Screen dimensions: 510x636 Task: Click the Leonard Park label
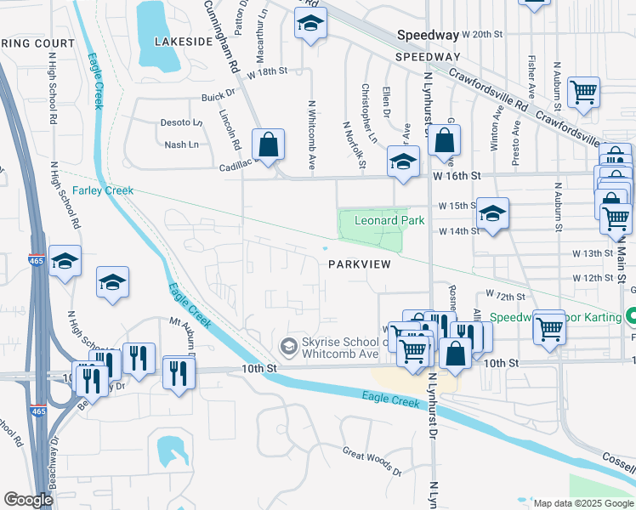[x=389, y=220]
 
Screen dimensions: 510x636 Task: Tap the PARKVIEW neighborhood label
[x=360, y=264]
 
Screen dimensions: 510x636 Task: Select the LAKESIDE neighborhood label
[x=182, y=41]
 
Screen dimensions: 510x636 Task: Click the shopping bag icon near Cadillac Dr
[x=268, y=145]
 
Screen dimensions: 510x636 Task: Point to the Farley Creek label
[x=103, y=190]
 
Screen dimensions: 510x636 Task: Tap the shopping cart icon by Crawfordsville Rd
[x=583, y=93]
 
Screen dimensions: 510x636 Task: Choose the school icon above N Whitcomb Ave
[x=311, y=25]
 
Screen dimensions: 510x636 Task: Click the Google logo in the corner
[x=28, y=500]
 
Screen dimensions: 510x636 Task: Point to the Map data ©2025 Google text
[x=582, y=503]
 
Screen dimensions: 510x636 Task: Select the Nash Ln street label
[x=181, y=145]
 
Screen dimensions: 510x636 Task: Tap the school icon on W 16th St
[x=403, y=161]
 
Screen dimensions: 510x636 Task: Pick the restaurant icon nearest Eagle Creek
[x=179, y=373]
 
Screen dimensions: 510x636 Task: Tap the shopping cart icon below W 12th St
[x=550, y=328]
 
